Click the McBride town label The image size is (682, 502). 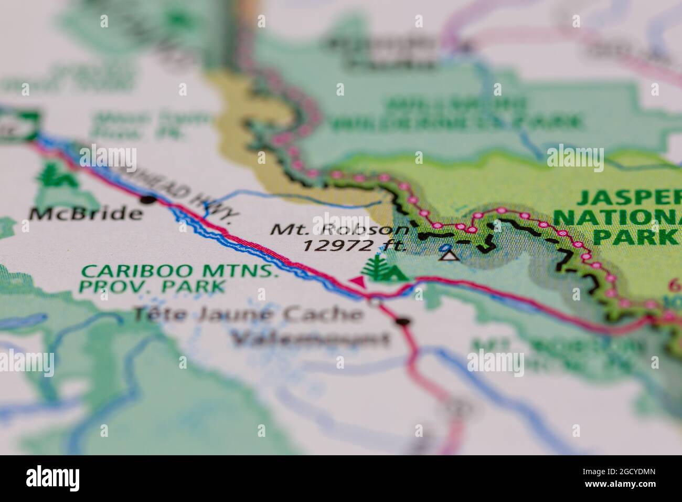(x=86, y=214)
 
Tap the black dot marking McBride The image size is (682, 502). (x=149, y=200)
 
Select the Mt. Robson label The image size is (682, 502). (x=339, y=230)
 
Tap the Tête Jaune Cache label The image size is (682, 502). (x=247, y=315)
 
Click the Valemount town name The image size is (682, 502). (x=311, y=339)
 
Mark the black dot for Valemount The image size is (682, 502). (x=403, y=321)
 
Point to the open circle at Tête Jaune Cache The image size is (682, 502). (x=375, y=302)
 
